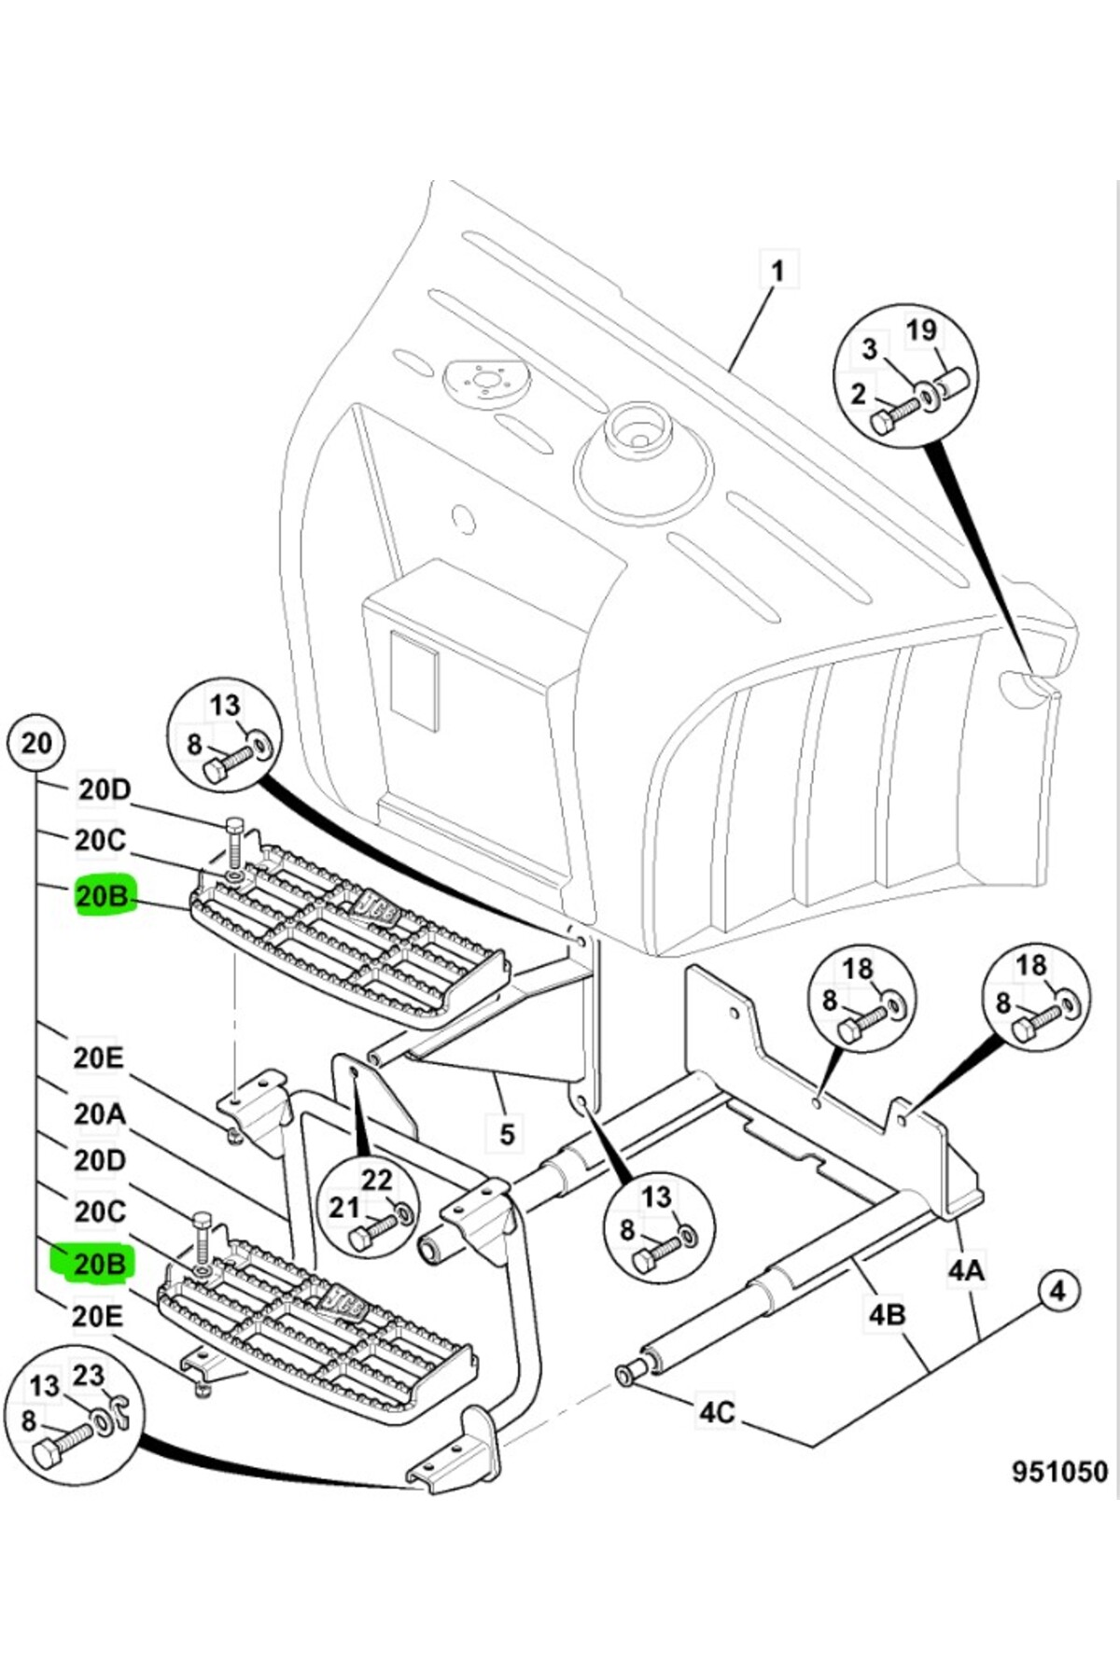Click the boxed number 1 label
(777, 271)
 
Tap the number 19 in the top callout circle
(921, 330)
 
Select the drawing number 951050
(1059, 1471)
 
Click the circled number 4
(1057, 1291)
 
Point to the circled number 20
(36, 744)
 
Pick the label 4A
(966, 1269)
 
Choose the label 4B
(887, 1314)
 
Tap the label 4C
(717, 1411)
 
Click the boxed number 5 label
(507, 1133)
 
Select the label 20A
(100, 1113)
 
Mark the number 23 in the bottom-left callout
(89, 1375)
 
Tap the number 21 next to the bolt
(343, 1207)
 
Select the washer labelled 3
(930, 396)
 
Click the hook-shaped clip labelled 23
(119, 1415)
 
